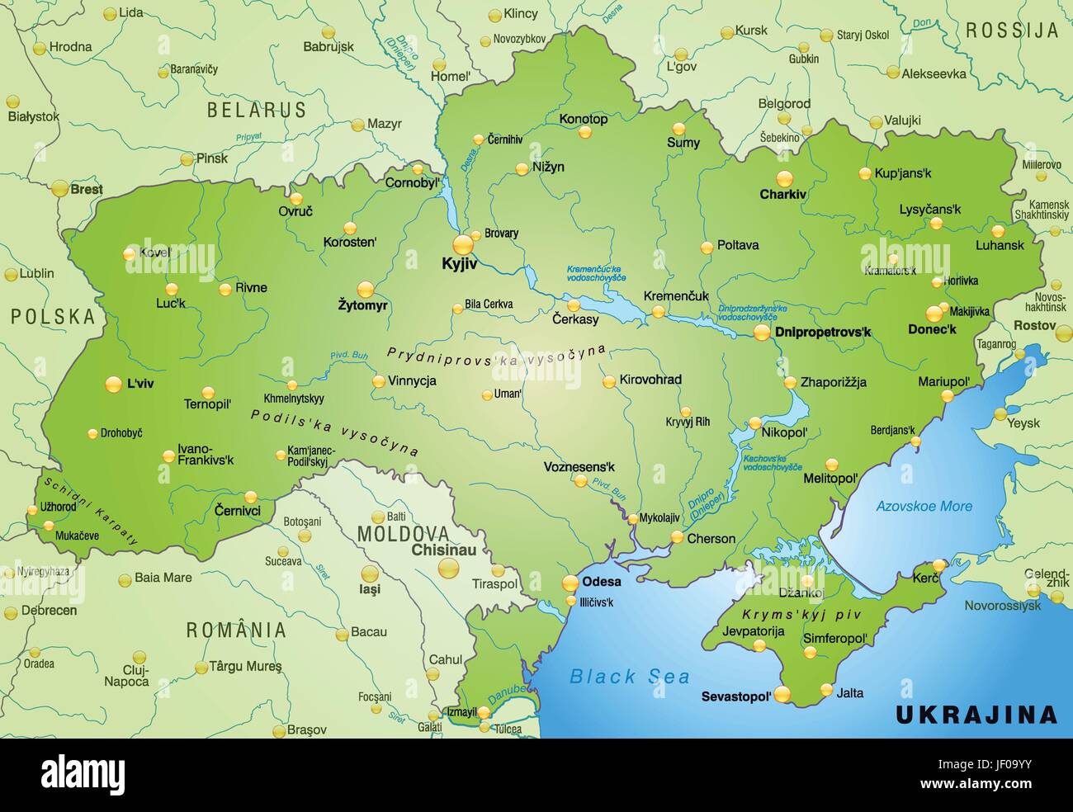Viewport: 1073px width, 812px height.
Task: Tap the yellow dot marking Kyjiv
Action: (464, 243)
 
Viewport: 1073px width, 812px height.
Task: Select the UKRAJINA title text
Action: (976, 714)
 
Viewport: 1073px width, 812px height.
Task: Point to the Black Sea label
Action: (630, 677)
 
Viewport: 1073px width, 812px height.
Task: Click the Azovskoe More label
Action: (924, 506)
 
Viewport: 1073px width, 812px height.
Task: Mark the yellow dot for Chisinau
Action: (449, 568)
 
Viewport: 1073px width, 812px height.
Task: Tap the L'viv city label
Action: (141, 384)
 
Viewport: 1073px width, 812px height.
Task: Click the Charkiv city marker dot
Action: (783, 177)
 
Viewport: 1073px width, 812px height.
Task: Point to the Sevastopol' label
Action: (736, 696)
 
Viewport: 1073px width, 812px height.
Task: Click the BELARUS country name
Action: (257, 110)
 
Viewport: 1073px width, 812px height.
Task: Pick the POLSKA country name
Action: (53, 315)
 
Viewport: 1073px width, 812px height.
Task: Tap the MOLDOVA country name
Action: (403, 533)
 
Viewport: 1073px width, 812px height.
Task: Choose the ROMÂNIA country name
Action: (236, 630)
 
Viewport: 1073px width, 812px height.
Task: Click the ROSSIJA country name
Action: (1011, 31)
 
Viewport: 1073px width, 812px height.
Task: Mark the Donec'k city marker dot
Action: (934, 313)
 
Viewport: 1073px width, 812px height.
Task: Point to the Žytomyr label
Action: (363, 305)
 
